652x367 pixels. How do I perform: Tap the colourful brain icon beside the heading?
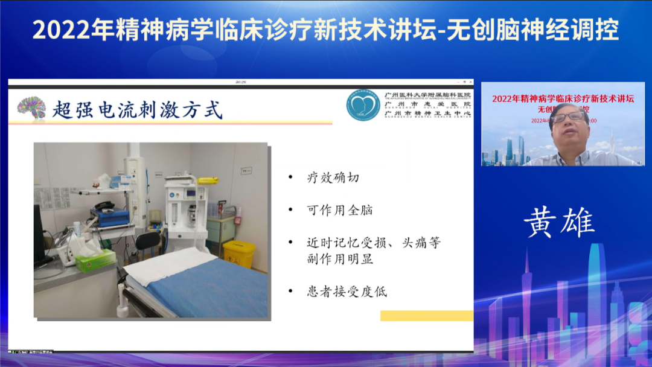tap(31, 107)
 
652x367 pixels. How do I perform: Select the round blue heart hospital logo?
tap(363, 106)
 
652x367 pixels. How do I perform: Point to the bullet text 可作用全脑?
tap(339, 210)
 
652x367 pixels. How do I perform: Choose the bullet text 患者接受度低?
tap(347, 292)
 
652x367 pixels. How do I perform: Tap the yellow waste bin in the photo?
tap(239, 254)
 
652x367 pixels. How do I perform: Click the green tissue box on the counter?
tap(95, 260)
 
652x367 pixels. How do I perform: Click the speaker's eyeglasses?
tap(568, 117)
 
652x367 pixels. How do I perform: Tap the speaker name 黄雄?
tap(559, 223)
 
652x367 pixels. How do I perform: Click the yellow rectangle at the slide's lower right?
tap(426, 316)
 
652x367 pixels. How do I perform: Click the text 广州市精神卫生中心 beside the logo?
tap(427, 113)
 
